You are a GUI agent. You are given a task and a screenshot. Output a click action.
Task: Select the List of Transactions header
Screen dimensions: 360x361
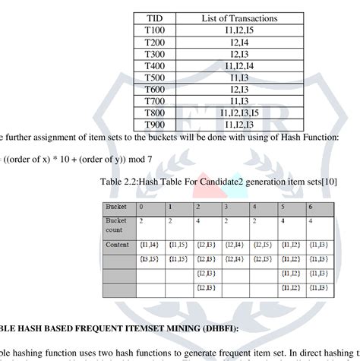[240, 17]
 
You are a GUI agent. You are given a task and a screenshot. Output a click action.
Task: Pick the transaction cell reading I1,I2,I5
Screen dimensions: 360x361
[240, 30]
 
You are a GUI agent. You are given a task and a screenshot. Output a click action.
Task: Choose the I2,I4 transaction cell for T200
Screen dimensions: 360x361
[240, 42]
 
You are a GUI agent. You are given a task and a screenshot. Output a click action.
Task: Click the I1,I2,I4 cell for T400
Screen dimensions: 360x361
[240, 65]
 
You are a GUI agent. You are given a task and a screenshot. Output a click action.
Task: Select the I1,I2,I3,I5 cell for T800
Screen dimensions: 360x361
[240, 113]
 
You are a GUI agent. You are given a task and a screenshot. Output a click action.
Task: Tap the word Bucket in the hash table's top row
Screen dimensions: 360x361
[117, 207]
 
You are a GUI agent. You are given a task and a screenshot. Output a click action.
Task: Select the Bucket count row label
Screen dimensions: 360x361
[117, 224]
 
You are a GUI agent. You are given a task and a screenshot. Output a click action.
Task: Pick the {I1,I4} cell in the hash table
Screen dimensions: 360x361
[148, 245]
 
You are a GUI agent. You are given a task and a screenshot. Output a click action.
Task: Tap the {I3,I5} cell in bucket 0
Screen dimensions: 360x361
[148, 259]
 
